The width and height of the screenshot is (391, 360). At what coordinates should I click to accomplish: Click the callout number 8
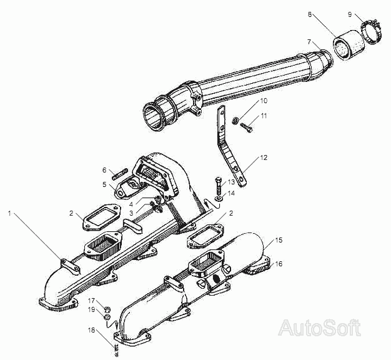(x=310, y=14)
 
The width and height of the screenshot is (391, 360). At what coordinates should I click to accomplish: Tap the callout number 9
(x=350, y=14)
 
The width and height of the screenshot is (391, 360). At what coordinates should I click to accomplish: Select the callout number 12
(x=264, y=157)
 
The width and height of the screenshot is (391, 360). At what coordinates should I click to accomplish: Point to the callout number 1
(x=10, y=213)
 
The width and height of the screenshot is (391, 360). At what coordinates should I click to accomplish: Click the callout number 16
(x=279, y=264)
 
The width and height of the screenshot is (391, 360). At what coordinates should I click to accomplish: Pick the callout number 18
(x=92, y=330)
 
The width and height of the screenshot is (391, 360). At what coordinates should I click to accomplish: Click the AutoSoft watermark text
(x=320, y=328)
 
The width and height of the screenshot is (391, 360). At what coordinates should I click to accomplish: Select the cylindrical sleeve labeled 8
(x=349, y=45)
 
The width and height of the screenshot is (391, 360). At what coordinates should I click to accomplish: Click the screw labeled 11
(x=247, y=127)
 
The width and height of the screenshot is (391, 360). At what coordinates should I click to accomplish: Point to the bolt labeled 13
(x=218, y=186)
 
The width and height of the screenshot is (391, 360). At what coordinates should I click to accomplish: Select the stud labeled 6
(x=120, y=174)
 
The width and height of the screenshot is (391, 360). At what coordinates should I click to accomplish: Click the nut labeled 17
(x=107, y=309)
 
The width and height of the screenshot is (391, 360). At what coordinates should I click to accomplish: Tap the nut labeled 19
(x=107, y=317)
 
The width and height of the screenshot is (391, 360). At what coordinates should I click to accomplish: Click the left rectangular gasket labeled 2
(x=102, y=217)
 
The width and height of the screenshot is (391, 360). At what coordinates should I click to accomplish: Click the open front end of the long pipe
(x=152, y=117)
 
